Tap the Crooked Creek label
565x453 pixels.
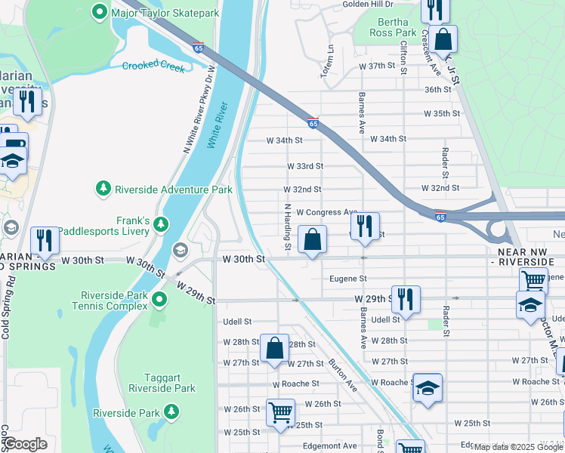(x=153, y=66)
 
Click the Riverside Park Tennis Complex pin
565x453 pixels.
(x=159, y=300)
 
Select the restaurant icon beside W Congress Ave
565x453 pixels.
(x=365, y=226)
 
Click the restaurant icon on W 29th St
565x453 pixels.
(x=406, y=300)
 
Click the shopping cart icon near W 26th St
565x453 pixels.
(x=280, y=413)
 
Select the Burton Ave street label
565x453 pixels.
(x=342, y=374)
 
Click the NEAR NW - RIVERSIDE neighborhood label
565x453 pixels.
(x=526, y=255)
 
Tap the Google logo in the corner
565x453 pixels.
(x=24, y=443)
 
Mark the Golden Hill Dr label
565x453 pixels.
(x=370, y=4)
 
